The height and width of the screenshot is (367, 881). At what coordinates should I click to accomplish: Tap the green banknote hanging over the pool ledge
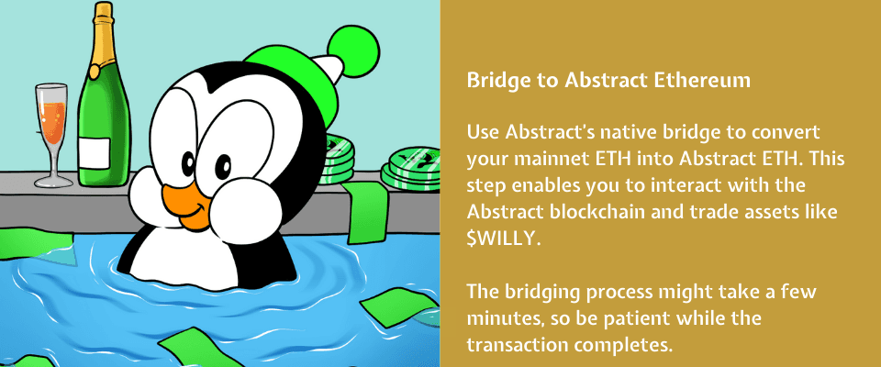point(365,211)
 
